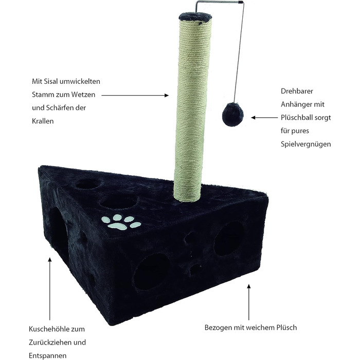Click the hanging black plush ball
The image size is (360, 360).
[233, 115]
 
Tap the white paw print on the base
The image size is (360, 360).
[121, 222]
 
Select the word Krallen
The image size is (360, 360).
[43, 121]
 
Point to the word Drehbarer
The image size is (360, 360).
[297, 91]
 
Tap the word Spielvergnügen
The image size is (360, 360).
[306, 145]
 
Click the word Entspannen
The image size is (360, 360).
[47, 356]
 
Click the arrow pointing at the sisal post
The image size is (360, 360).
[135, 95]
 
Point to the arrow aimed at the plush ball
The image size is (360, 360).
[264, 118]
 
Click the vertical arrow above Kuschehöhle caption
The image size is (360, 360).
[50, 289]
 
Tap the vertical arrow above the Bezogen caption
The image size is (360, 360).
[248, 302]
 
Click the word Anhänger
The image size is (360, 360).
[296, 104]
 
